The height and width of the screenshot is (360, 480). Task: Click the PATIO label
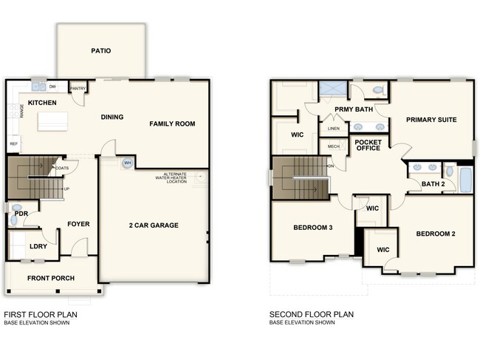click(101, 51)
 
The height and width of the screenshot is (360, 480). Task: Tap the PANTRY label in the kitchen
click(78, 89)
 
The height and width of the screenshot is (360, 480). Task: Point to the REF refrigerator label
click(13, 143)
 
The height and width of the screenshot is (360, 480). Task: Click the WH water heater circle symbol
click(127, 163)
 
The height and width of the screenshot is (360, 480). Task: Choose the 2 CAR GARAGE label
click(153, 225)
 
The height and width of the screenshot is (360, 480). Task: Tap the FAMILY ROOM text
click(172, 123)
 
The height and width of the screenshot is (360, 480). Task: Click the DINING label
click(112, 117)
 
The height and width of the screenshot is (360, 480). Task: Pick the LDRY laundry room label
click(38, 247)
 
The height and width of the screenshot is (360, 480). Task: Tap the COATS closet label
click(62, 168)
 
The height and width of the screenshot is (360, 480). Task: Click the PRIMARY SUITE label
click(431, 119)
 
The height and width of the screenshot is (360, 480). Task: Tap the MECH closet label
click(333, 146)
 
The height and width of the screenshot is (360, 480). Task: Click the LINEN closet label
click(333, 129)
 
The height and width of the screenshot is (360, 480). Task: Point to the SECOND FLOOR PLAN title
click(312, 314)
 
